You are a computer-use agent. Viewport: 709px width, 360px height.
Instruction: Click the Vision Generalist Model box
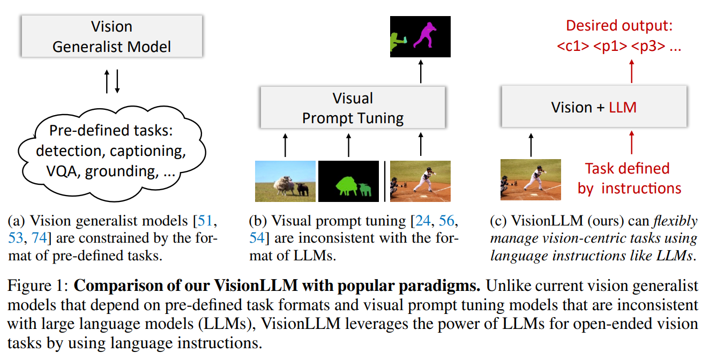111,36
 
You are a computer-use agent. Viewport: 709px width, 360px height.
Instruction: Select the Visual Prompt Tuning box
353,108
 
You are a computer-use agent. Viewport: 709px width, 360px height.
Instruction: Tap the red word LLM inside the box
623,107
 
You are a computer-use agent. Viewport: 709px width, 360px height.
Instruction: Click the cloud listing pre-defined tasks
111,151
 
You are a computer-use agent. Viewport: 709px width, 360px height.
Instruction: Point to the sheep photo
285,181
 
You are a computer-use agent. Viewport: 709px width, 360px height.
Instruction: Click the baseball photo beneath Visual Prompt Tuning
420,181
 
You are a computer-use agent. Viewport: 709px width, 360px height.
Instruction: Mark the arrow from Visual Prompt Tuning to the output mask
420,71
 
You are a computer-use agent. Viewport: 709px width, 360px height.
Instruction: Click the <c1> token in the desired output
573,47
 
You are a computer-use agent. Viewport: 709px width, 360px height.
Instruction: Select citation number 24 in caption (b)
420,221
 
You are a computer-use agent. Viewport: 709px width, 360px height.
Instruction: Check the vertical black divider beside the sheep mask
385,181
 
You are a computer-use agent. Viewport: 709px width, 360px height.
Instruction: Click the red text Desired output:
619,26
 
